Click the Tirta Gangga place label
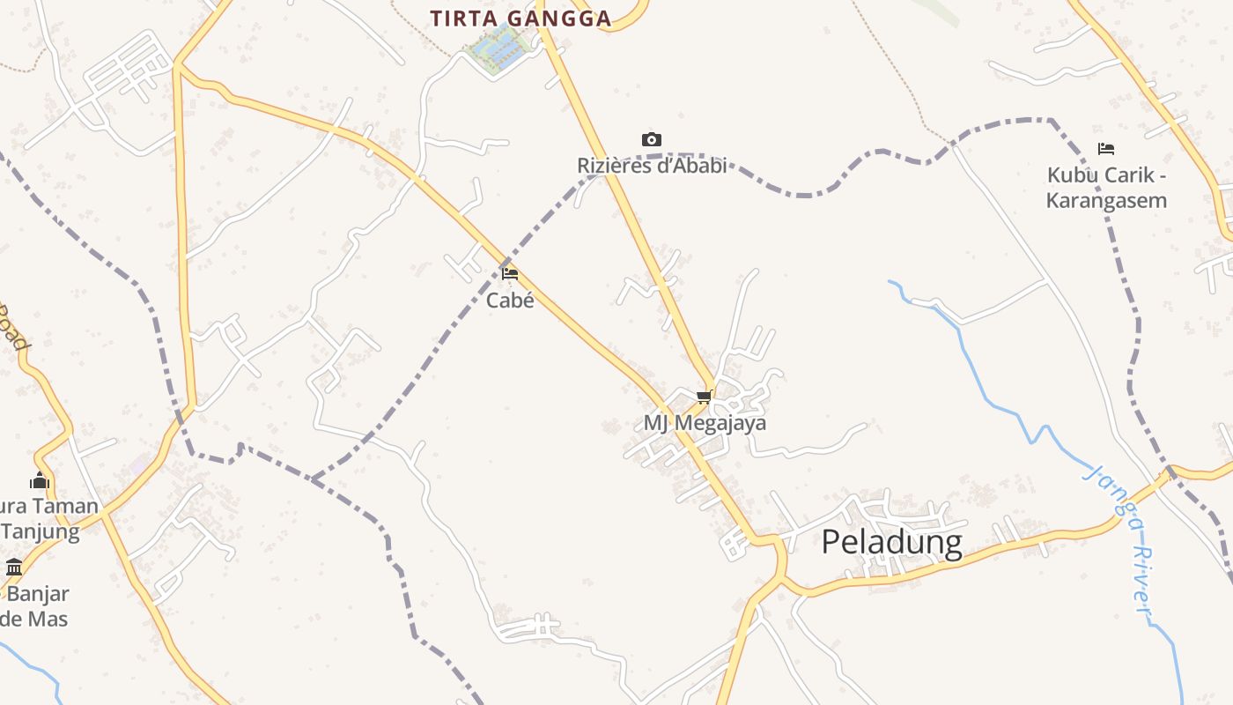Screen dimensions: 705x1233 [521, 19]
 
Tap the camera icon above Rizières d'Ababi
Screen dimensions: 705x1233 [651, 139]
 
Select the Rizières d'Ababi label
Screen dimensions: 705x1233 [652, 165]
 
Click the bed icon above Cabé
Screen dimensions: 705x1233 [510, 273]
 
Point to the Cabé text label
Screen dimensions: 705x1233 [510, 300]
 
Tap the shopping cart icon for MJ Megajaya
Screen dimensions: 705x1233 [704, 397]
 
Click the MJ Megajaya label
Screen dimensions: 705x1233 [705, 423]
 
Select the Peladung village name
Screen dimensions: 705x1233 [891, 542]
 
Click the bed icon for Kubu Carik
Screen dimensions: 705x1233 [1106, 149]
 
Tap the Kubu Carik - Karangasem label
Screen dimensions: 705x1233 [1106, 188]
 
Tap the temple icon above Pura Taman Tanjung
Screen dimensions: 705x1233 [39, 480]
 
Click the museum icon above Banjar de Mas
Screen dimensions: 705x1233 [14, 567]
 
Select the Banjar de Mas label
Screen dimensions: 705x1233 [35, 605]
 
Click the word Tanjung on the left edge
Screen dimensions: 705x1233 [41, 531]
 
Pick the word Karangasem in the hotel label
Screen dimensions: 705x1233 [1106, 200]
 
